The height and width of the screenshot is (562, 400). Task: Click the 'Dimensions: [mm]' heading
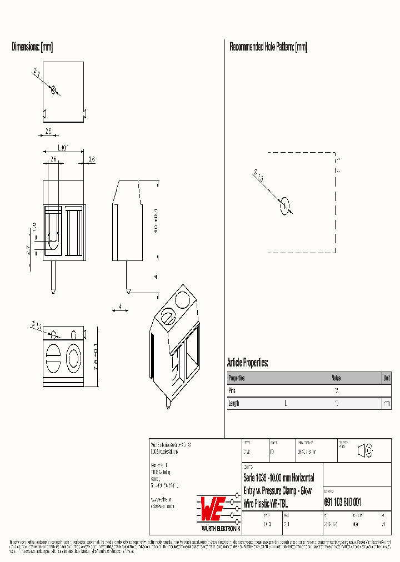(x=32, y=47)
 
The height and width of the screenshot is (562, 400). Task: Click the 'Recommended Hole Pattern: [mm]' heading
(x=268, y=47)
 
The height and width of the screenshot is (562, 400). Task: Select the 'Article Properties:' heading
(x=247, y=363)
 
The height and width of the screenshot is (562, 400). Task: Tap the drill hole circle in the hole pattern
(x=284, y=205)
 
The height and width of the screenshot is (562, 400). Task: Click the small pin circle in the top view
(x=54, y=89)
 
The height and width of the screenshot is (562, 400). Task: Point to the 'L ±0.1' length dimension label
(x=62, y=148)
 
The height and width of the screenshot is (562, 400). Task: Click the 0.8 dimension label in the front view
(x=92, y=160)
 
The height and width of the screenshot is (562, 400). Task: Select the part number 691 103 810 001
(x=342, y=502)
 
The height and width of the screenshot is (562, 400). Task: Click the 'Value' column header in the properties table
(x=337, y=378)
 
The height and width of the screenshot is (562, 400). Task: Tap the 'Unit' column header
(x=386, y=378)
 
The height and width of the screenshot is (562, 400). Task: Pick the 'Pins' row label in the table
(x=233, y=391)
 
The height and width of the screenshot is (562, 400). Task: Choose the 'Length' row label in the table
(x=234, y=404)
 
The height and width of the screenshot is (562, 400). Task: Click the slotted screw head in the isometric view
(x=167, y=318)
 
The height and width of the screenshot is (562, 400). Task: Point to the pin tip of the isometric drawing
(x=167, y=407)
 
